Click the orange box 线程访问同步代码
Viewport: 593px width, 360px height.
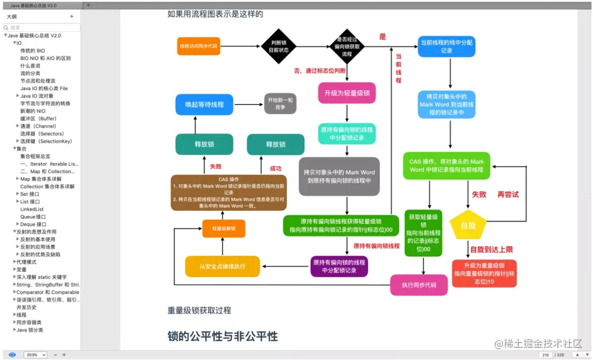pyautogui.click(x=198, y=46)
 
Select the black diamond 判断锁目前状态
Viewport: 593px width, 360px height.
pyautogui.click(x=275, y=46)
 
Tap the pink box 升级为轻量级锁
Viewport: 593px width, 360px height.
pyautogui.click(x=346, y=93)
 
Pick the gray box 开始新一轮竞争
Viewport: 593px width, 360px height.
pyautogui.click(x=280, y=103)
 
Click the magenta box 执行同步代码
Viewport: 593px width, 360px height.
pyautogui.click(x=419, y=285)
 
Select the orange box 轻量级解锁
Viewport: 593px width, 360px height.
pyautogui.click(x=223, y=228)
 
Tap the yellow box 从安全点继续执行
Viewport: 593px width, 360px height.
pyautogui.click(x=222, y=266)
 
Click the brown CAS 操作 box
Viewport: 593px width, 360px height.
pyautogui.click(x=228, y=193)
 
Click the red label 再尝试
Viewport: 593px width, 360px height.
pyautogui.click(x=508, y=194)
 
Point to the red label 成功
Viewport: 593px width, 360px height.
pyautogui.click(x=275, y=168)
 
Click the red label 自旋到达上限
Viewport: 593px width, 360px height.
pyautogui.click(x=491, y=250)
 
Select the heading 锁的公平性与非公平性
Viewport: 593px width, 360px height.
pyautogui.click(x=222, y=336)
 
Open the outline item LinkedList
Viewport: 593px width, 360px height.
pyautogui.click(x=32, y=209)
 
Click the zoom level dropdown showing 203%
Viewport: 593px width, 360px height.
pyautogui.click(x=35, y=355)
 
